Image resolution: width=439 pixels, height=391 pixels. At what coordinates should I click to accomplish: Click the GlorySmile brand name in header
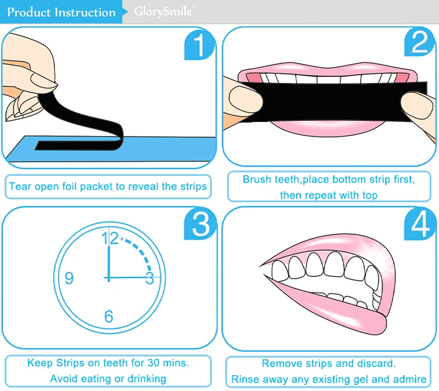coord(163,12)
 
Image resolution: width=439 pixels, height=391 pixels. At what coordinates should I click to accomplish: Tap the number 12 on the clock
coord(109,239)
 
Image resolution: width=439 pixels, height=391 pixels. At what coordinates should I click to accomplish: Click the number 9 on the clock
coord(69,278)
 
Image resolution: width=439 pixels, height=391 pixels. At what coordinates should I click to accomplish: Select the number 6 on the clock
coord(109,317)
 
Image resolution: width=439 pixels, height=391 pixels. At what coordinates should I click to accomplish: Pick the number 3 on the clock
coord(150,278)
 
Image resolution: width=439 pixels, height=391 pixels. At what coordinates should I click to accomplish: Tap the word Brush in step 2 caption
coord(257,179)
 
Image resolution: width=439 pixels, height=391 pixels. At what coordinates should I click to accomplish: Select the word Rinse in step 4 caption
coord(245,379)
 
